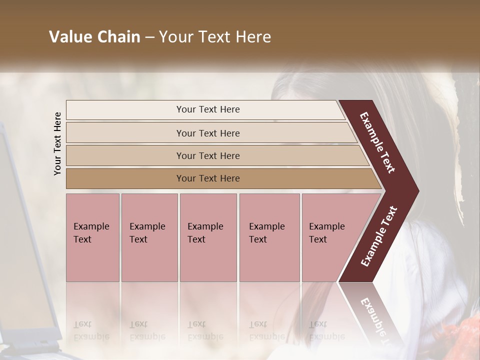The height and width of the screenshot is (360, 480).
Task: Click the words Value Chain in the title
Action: (94, 37)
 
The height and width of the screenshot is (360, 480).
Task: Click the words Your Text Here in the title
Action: (215, 37)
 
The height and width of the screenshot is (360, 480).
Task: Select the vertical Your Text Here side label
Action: (57, 143)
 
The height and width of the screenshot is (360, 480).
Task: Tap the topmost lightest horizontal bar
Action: (208, 109)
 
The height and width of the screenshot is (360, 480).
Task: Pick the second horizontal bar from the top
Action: (208, 133)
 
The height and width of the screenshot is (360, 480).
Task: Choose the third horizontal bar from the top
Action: (208, 155)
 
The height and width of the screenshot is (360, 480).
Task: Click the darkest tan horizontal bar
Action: (208, 178)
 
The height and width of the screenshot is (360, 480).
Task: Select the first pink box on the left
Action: (92, 237)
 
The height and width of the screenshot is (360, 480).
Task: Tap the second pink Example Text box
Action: (149, 237)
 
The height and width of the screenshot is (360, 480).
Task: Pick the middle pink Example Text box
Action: (208, 237)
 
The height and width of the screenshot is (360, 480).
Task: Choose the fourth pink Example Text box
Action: (269, 237)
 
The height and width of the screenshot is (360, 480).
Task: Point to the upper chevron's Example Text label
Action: (377, 142)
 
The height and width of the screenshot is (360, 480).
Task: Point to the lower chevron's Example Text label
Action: (378, 236)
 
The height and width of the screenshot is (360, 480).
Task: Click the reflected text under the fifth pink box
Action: (326, 330)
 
